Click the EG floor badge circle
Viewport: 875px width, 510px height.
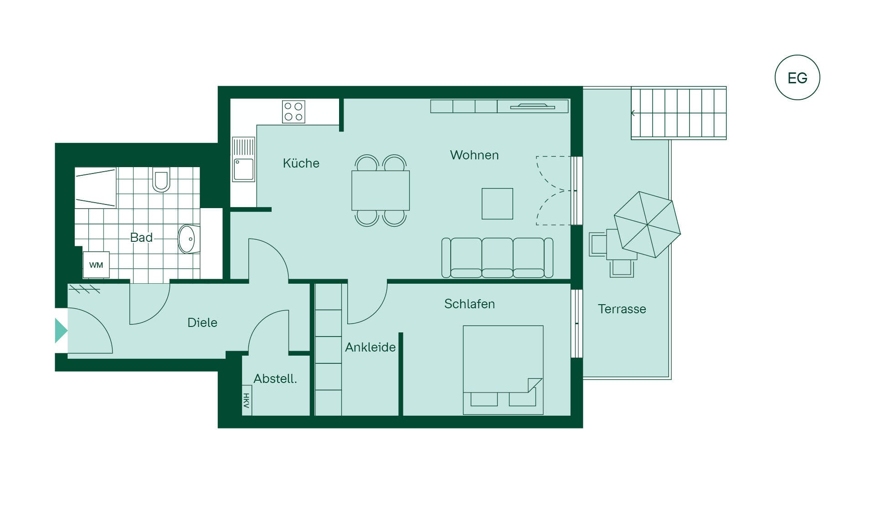pyautogui.click(x=797, y=56)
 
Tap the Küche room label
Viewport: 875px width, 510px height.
pyautogui.click(x=301, y=163)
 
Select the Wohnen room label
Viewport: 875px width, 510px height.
pyautogui.click(x=474, y=155)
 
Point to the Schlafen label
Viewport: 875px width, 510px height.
pyautogui.click(x=469, y=304)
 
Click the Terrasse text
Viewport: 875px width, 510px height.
pyautogui.click(x=622, y=309)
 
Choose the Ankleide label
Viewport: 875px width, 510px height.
pyautogui.click(x=371, y=347)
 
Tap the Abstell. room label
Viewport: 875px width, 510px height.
pyautogui.click(x=275, y=378)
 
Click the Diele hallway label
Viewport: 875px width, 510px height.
pyautogui.click(x=202, y=322)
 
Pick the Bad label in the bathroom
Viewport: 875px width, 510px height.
pyautogui.click(x=141, y=237)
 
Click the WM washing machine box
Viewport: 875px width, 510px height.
pyautogui.click(x=96, y=265)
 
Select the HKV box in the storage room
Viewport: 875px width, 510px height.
pyautogui.click(x=247, y=401)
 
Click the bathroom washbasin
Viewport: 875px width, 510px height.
pyautogui.click(x=188, y=239)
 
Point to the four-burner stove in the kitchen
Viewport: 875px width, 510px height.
pyautogui.click(x=293, y=112)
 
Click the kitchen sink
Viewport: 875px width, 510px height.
pyautogui.click(x=244, y=159)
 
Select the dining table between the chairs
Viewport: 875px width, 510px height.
pyautogui.click(x=381, y=190)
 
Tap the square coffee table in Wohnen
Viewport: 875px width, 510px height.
pyautogui.click(x=497, y=204)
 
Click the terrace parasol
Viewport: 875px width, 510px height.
pyautogui.click(x=647, y=224)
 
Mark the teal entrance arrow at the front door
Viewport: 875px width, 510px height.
pyautogui.click(x=61, y=330)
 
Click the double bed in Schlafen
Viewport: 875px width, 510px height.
pyautogui.click(x=503, y=370)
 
